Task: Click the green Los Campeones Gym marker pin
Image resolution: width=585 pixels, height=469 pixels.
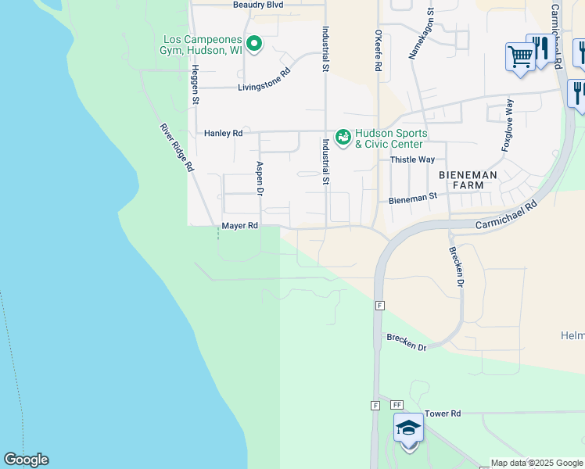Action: [253, 43]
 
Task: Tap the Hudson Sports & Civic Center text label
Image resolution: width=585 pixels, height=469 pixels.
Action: [389, 138]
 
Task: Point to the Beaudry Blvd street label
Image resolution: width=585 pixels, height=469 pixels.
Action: [258, 5]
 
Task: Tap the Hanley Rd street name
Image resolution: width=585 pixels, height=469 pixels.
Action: [223, 134]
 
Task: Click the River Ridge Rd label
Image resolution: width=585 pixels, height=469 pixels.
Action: [177, 148]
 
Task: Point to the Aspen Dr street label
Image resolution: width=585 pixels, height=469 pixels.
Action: [260, 179]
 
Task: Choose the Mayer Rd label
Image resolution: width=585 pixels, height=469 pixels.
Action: [239, 226]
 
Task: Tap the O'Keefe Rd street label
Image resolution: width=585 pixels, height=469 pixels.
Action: [378, 51]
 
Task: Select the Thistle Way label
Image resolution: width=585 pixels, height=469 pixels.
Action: [412, 159]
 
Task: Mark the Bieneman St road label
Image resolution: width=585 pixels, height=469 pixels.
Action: [412, 199]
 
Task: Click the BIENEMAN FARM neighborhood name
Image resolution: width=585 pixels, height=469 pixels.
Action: [468, 181]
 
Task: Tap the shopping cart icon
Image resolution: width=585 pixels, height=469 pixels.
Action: [519, 56]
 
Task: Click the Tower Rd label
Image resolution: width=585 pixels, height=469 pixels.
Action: [443, 414]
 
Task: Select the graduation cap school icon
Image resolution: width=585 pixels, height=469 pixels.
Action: [408, 429]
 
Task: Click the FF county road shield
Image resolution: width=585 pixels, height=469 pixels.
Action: [397, 405]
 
